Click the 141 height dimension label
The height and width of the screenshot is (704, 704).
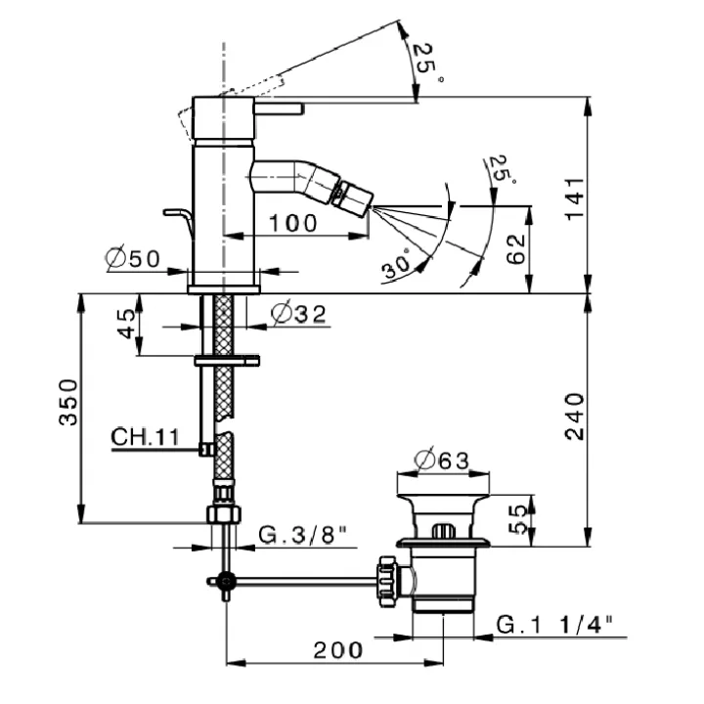click(x=574, y=198)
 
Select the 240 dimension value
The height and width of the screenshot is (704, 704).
click(x=574, y=417)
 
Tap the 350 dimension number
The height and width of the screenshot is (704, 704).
click(x=68, y=402)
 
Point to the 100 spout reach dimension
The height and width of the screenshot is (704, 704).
click(x=292, y=223)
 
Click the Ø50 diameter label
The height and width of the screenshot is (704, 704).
click(x=132, y=258)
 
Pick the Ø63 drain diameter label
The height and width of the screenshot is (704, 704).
click(x=441, y=460)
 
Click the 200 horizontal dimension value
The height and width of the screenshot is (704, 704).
click(x=337, y=649)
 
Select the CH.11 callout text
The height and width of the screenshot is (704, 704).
click(x=145, y=436)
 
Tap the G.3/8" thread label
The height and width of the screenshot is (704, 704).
click(x=302, y=534)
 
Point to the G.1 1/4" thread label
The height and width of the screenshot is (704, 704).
click(x=554, y=624)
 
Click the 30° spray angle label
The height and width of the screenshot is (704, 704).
click(x=396, y=264)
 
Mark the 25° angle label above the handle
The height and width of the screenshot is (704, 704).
click(x=426, y=62)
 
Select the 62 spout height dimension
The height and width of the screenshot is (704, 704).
click(x=515, y=249)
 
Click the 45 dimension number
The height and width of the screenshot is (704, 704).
click(x=126, y=324)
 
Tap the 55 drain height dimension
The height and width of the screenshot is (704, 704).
click(x=517, y=519)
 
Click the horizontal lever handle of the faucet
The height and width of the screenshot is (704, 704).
click(x=279, y=109)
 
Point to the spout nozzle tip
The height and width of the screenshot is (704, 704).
click(x=371, y=207)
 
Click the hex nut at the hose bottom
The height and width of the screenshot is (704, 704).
click(x=224, y=514)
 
